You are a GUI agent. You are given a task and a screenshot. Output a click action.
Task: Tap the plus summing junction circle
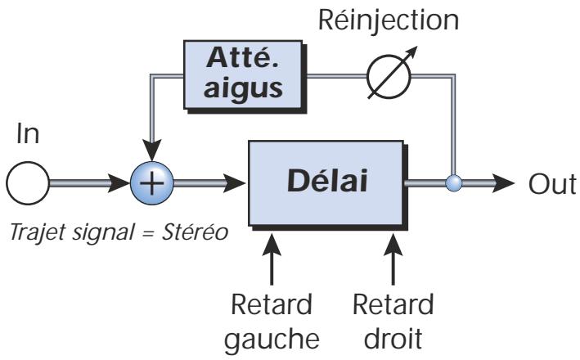(151, 182)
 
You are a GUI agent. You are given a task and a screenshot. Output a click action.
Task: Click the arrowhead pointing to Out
(505, 182)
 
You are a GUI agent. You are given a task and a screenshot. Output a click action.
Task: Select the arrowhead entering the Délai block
(236, 182)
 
